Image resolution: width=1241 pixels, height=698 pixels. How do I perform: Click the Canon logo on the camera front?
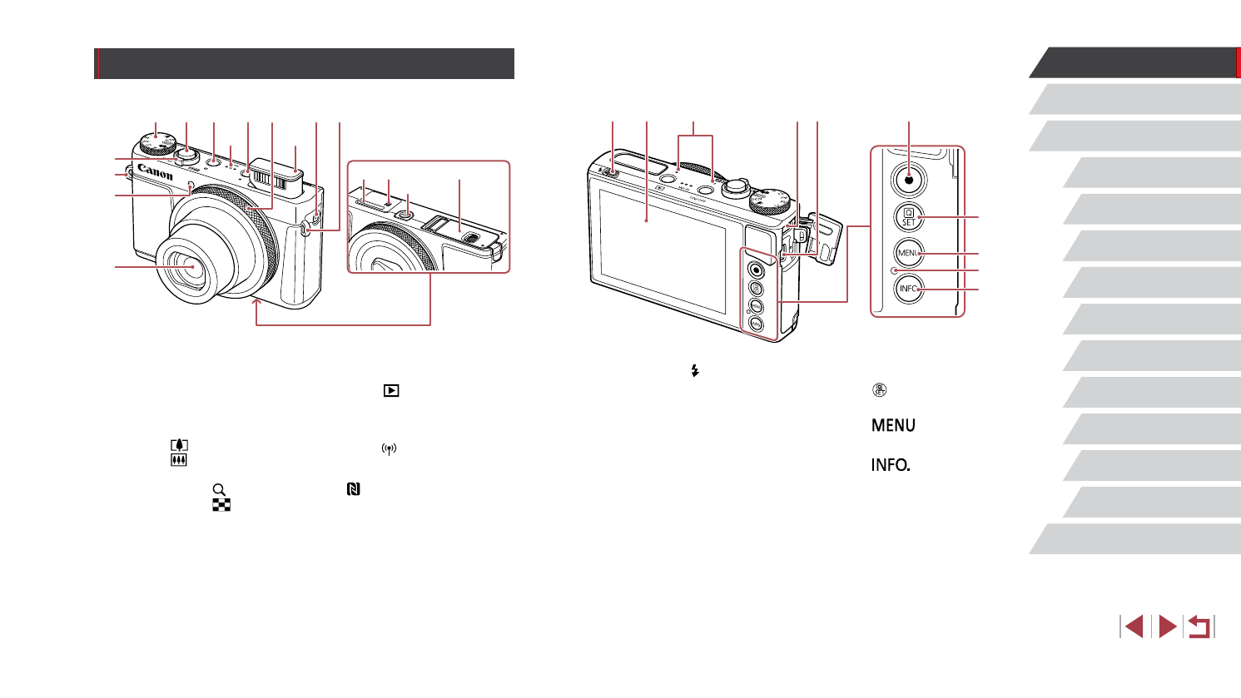tap(156, 171)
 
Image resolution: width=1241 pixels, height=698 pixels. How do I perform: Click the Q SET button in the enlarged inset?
tap(909, 217)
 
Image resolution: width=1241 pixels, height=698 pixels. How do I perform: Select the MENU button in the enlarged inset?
tap(909, 253)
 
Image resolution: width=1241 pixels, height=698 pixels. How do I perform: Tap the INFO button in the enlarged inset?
tap(909, 289)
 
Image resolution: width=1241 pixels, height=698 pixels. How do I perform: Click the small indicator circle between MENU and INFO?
tap(895, 271)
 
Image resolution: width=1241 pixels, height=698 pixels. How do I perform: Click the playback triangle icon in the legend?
tap(391, 390)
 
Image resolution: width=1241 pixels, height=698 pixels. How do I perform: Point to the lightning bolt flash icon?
tap(694, 372)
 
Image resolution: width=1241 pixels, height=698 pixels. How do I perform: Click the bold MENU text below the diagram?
tap(893, 425)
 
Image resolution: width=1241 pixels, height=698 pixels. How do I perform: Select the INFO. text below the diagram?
tap(891, 465)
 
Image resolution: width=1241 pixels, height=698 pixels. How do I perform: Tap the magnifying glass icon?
tap(220, 490)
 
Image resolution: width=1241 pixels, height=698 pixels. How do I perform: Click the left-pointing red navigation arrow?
tap(1133, 626)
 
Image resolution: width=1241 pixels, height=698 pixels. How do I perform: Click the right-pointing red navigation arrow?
tap(1168, 626)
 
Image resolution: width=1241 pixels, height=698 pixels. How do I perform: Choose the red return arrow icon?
tap(1199, 626)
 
